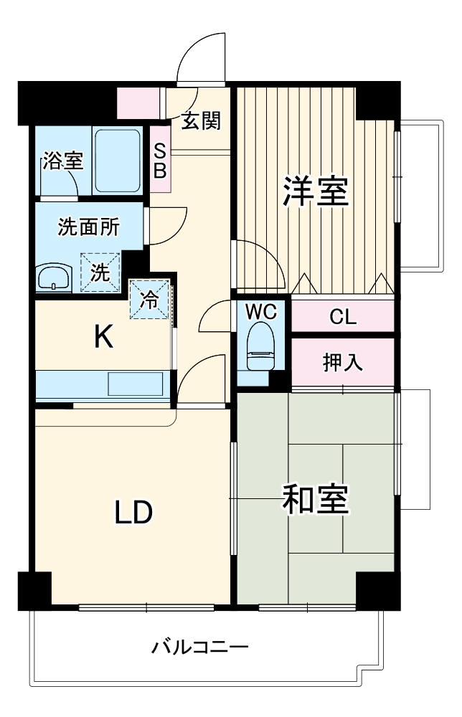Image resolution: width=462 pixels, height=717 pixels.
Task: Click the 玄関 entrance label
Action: [200, 121]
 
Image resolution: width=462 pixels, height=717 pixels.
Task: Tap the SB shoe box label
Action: [160, 162]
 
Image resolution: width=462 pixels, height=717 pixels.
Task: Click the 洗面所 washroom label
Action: [89, 227]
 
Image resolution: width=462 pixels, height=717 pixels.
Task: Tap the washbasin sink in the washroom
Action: [54, 277]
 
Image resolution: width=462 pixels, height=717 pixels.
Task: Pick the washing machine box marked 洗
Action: [100, 272]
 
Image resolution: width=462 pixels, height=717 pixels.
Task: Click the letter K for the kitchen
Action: [105, 336]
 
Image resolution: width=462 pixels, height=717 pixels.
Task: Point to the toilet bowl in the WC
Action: [260, 344]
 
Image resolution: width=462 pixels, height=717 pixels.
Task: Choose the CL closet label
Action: [343, 317]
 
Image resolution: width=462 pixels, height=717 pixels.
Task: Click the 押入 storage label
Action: [343, 363]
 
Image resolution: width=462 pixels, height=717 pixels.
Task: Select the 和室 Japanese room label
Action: [315, 500]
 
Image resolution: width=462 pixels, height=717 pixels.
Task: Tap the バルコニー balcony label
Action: [200, 649]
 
